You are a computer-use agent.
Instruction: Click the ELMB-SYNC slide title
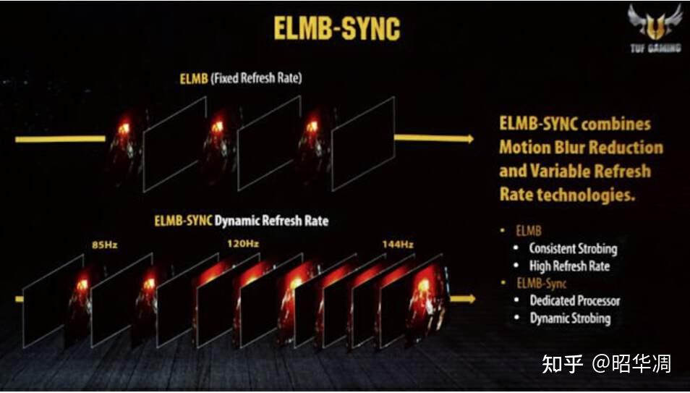pyautogui.click(x=336, y=29)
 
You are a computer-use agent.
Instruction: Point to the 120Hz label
pyautogui.click(x=244, y=244)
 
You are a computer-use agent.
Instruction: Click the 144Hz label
pyautogui.click(x=396, y=245)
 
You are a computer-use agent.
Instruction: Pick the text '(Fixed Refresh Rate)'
pyautogui.click(x=256, y=78)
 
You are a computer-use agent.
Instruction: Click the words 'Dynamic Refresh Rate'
pyautogui.click(x=271, y=221)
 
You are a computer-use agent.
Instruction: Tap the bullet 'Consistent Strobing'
pyautogui.click(x=573, y=248)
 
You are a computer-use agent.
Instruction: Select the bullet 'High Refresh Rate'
pyautogui.click(x=569, y=266)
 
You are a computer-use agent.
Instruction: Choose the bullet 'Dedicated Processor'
pyautogui.click(x=574, y=300)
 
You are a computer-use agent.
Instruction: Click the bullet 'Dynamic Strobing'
pyautogui.click(x=570, y=318)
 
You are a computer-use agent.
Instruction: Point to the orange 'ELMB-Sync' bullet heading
pyautogui.click(x=542, y=284)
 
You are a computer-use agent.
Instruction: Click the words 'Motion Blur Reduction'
pyautogui.click(x=581, y=148)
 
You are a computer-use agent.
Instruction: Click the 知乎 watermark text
pyautogui.click(x=562, y=363)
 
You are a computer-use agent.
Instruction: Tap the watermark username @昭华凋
pyautogui.click(x=631, y=363)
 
